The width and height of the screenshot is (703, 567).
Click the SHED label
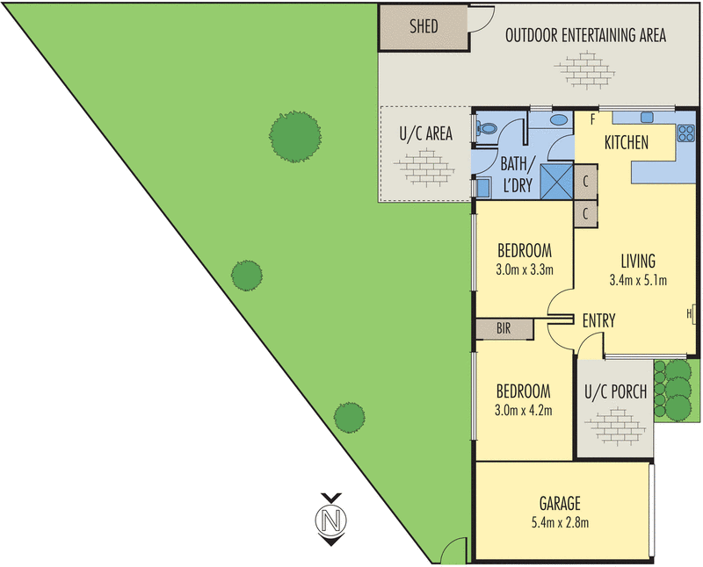(424, 27)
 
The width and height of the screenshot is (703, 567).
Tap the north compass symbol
(330, 520)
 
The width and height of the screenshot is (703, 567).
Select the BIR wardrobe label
(504, 329)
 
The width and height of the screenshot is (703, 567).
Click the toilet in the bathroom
(485, 130)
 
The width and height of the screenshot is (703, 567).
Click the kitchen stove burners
(685, 134)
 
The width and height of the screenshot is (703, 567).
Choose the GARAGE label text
(559, 504)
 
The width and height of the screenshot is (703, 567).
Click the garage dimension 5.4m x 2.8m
(559, 524)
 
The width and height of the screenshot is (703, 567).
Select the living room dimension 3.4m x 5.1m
(638, 281)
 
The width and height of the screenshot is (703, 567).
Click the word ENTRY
(598, 321)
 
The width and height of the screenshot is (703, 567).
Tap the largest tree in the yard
(294, 135)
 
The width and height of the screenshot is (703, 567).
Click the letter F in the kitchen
(594, 118)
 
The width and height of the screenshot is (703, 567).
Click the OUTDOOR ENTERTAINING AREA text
(584, 36)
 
